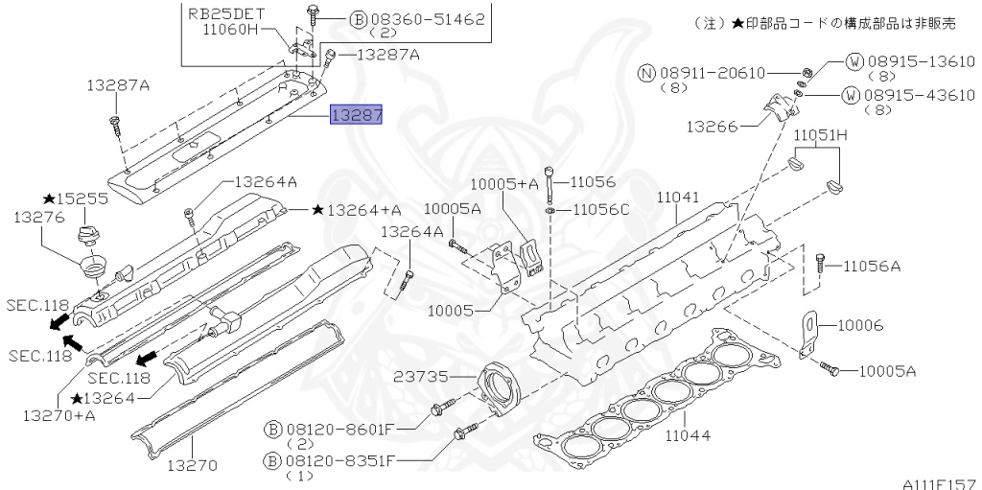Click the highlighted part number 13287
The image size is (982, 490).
(357, 115)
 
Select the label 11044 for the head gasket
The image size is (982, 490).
(688, 434)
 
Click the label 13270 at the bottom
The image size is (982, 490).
(192, 466)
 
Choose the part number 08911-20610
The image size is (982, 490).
(713, 73)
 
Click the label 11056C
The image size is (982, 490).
(599, 210)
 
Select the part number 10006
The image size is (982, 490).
(860, 325)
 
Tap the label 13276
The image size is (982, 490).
(40, 217)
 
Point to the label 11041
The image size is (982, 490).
(678, 198)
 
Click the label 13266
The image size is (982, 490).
(711, 126)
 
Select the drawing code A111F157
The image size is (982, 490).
(942, 483)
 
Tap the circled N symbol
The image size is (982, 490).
(646, 73)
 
